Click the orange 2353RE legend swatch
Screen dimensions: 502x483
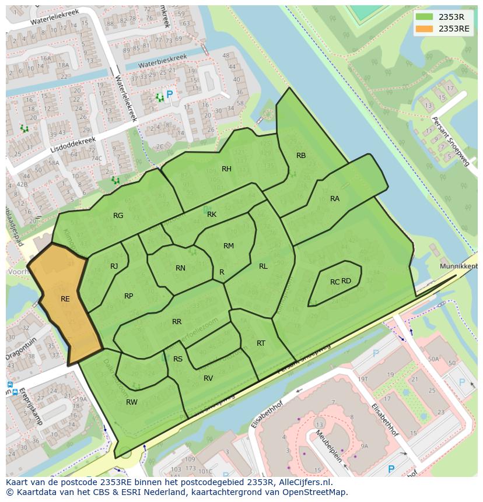coord(424,29)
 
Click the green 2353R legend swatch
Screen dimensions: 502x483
coord(424,17)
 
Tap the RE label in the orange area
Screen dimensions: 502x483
coord(65,299)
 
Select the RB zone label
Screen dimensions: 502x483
coord(301,156)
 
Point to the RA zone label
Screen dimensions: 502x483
coord(335,199)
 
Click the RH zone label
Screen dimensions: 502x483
coord(226,169)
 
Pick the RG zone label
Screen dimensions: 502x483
coord(118,216)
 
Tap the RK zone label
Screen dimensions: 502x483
coord(212,215)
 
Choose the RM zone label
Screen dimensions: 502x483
coord(229,246)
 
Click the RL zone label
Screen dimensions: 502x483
coord(263,266)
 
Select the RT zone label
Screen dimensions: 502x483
coord(261,343)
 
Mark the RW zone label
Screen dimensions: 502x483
coord(132,402)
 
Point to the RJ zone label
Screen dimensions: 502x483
coord(114,266)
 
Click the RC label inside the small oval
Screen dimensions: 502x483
coord(334,282)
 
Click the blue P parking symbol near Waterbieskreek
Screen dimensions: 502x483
coord(170,94)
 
